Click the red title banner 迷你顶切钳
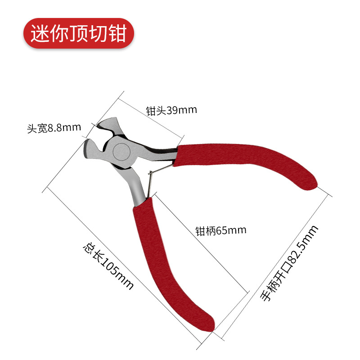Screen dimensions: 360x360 point(79,34)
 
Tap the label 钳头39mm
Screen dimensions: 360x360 point(171,110)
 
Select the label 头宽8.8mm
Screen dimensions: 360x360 point(54,128)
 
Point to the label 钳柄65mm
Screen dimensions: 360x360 point(221,231)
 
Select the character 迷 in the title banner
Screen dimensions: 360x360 point(40,34)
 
